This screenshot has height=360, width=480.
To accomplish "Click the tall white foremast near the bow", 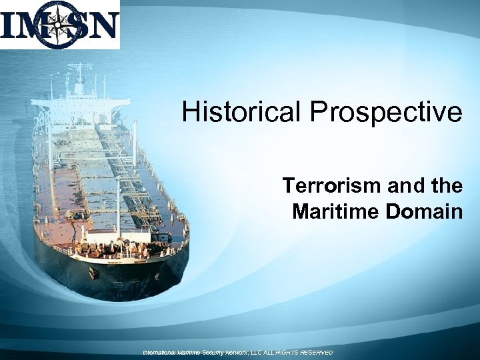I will point(119,207).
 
